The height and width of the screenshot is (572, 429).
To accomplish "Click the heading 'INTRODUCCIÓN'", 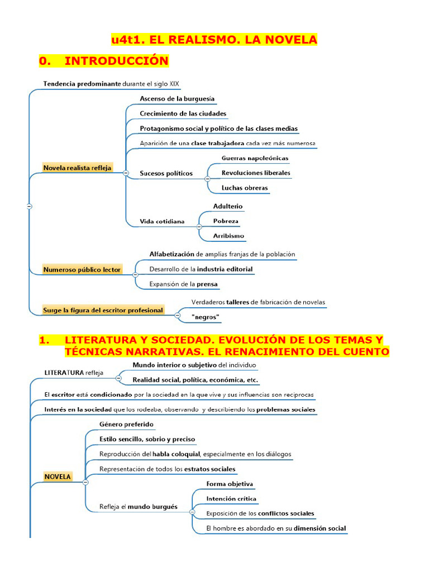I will [116, 60].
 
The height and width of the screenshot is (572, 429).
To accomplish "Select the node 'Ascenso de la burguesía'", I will [177, 99].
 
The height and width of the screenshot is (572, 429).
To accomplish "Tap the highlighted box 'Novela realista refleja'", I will [77, 168].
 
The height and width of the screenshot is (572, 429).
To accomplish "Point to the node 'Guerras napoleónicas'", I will [255, 158].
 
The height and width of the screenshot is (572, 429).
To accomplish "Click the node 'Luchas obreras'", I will [244, 188].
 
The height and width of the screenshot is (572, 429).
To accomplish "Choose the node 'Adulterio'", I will [228, 206].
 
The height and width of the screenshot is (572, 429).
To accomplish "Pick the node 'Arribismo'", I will [228, 236].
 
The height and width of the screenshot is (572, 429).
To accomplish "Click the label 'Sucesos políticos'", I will [166, 173].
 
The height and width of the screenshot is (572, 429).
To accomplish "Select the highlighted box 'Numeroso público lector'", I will [82, 269].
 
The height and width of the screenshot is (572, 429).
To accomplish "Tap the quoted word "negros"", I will [206, 317].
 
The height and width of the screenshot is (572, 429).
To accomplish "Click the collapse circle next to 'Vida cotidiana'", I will [199, 226].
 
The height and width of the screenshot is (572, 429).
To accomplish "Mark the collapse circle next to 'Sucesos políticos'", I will [207, 178].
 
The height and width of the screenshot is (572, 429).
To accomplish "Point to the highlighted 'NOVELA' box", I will [58, 476].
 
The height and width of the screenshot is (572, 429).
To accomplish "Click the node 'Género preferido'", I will [126, 424].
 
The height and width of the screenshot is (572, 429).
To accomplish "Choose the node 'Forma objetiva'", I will [230, 484].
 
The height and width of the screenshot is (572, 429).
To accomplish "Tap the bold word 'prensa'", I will [207, 284].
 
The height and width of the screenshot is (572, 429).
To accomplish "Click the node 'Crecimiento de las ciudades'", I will [183, 113].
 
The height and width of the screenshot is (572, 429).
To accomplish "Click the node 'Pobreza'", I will [226, 221].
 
